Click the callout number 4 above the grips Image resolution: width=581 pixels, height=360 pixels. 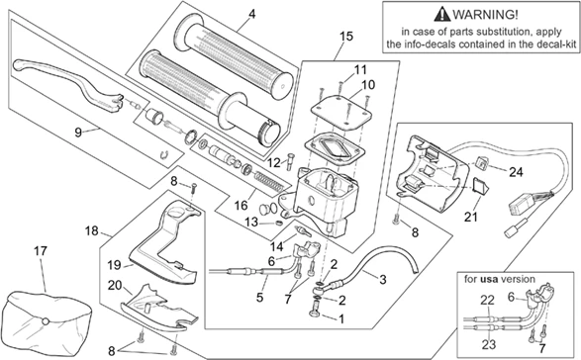tap(251, 14)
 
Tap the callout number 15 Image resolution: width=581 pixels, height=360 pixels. tap(344, 37)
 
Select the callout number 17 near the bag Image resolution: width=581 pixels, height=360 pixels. tap(41, 251)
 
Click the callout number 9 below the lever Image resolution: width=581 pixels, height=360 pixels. tap(78, 131)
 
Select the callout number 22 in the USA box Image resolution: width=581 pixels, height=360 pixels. tap(486, 300)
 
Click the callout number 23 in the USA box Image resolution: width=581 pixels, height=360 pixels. tap(486, 343)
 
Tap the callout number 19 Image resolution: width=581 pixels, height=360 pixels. tap(115, 264)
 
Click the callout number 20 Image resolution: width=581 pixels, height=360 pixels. tap(115, 286)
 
